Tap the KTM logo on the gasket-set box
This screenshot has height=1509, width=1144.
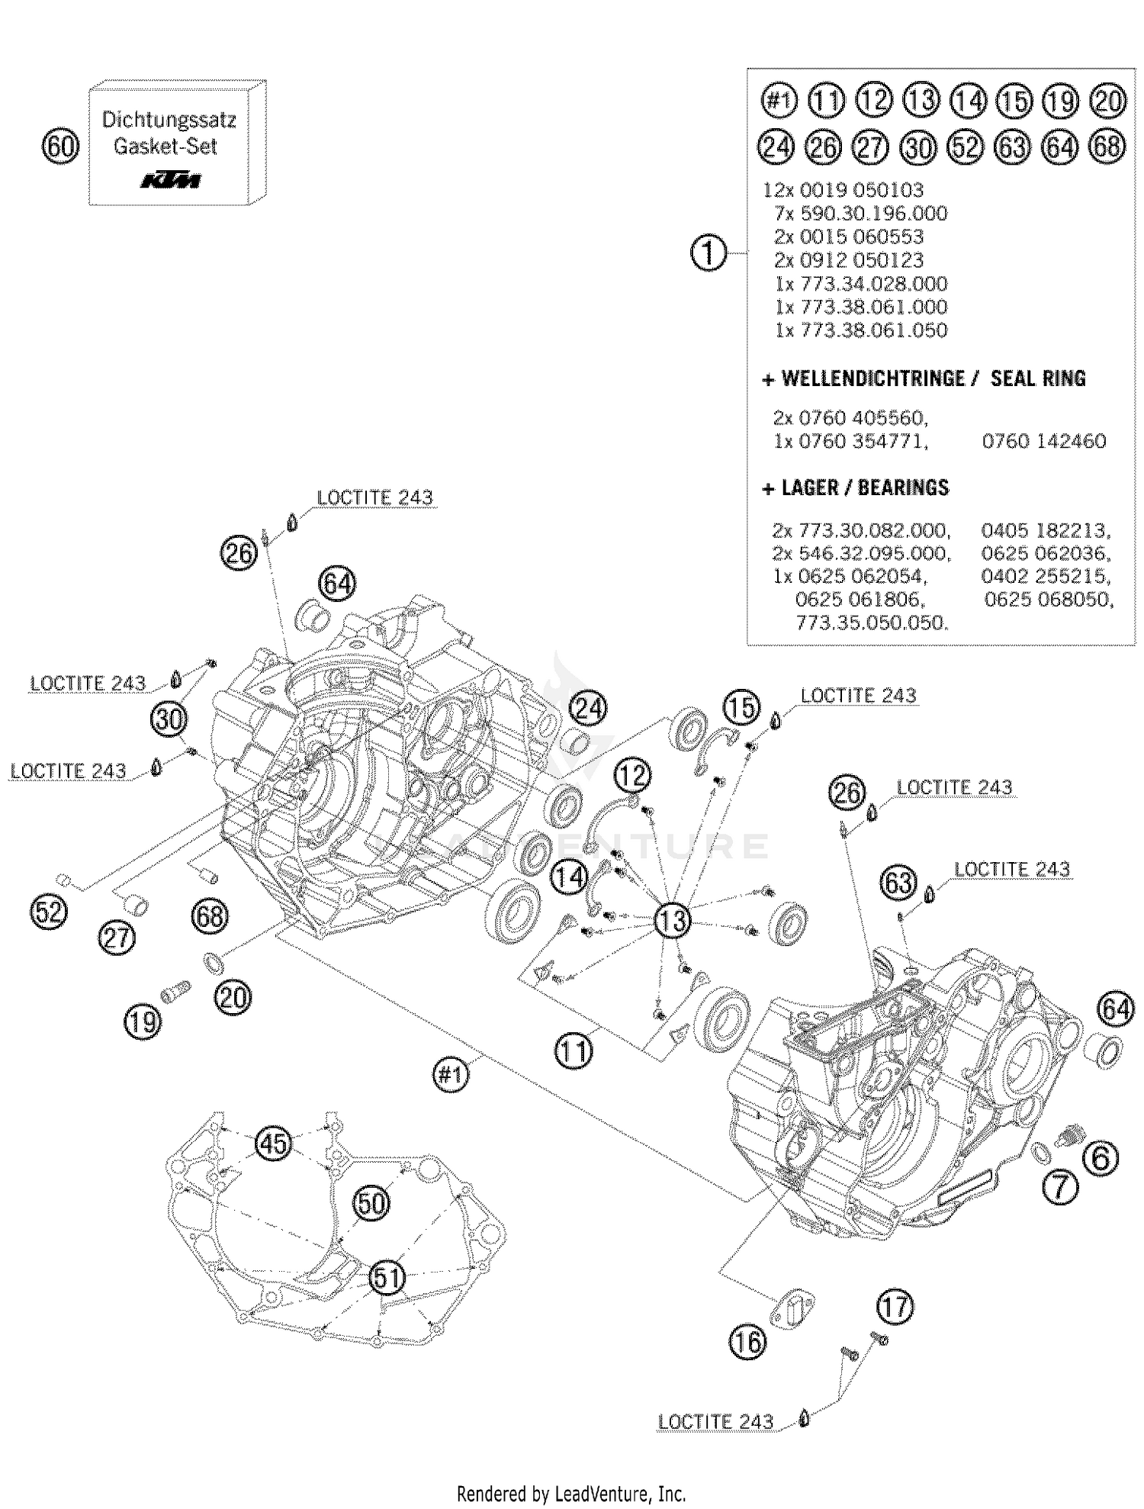click(170, 181)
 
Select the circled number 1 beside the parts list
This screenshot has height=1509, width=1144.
click(709, 253)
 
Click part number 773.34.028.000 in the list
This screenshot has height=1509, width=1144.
click(862, 284)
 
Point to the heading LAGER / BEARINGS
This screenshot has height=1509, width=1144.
click(856, 487)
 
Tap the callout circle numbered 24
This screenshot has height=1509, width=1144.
click(588, 708)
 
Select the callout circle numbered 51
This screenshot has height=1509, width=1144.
click(387, 1276)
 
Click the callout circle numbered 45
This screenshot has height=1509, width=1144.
click(273, 1143)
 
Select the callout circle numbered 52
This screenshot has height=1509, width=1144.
click(49, 911)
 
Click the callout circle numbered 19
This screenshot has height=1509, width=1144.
click(143, 1020)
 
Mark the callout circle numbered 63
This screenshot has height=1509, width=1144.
click(898, 883)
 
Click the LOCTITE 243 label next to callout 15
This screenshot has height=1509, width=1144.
click(858, 695)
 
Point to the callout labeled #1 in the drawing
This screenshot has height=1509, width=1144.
click(451, 1074)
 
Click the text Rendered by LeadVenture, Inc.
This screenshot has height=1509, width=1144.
click(571, 1493)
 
